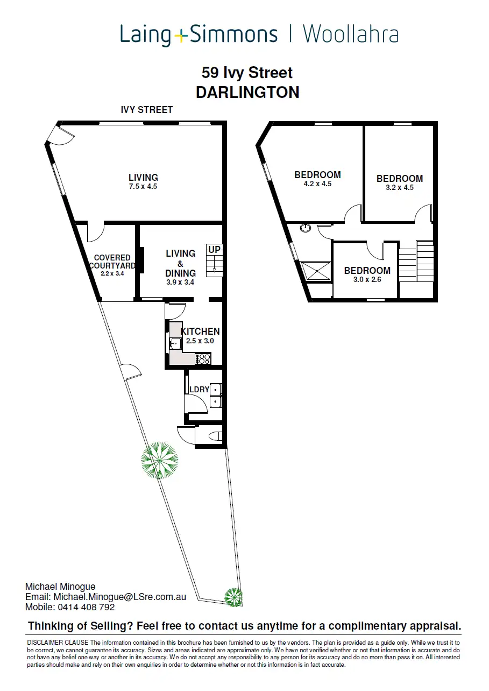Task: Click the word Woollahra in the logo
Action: click(x=350, y=35)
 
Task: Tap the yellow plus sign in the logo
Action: click(x=181, y=36)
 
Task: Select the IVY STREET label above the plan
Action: click(x=147, y=110)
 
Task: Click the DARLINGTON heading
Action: click(x=247, y=92)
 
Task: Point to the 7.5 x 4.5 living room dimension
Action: click(x=143, y=187)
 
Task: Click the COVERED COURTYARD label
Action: click(x=112, y=262)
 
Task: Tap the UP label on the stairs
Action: click(x=215, y=250)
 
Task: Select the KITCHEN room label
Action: click(x=200, y=332)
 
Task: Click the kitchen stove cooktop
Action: click(x=204, y=358)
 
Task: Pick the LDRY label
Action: click(x=199, y=390)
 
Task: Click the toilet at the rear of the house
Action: click(x=216, y=436)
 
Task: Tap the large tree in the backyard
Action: click(x=159, y=460)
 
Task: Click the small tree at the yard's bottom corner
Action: click(x=233, y=597)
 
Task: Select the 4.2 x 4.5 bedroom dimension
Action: click(x=317, y=184)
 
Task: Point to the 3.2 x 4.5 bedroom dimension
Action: click(x=400, y=188)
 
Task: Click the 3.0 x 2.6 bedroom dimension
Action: click(x=367, y=279)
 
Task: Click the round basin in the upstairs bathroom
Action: click(x=306, y=228)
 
